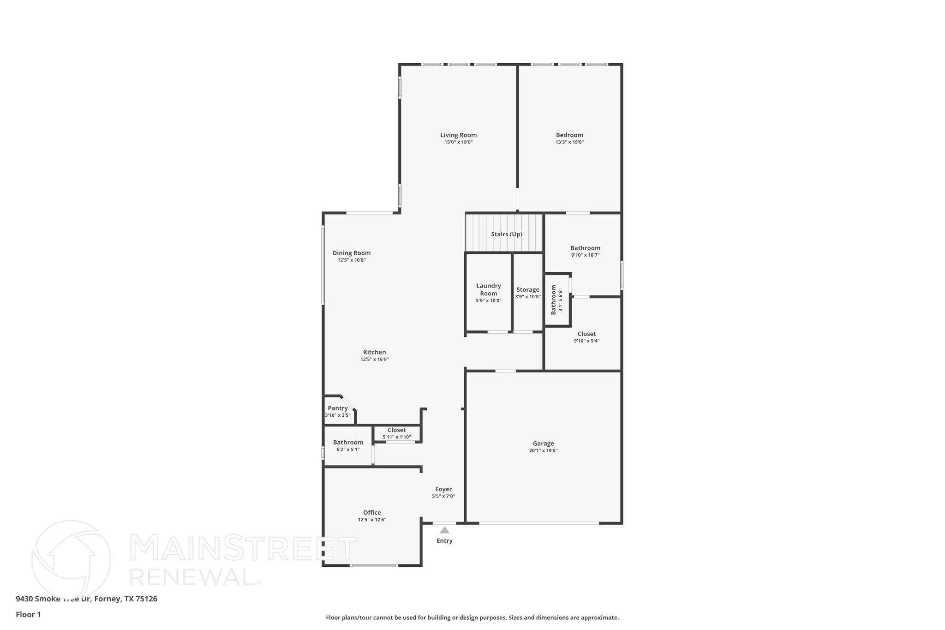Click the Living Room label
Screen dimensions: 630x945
[458, 135]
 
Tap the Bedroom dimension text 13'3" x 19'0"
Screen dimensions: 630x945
[569, 142]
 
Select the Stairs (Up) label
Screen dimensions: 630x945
[506, 234]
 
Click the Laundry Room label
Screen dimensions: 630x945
[488, 289]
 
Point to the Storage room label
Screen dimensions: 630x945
[527, 290]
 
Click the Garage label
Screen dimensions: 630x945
[543, 444]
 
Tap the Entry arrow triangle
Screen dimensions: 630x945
[444, 530]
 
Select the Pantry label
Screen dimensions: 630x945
[338, 408]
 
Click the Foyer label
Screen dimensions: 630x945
[443, 489]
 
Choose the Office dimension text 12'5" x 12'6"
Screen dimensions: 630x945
[372, 520]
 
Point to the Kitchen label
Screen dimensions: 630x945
[374, 352]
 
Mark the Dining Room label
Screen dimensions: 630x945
[352, 253]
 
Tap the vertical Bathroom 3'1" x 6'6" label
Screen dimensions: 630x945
[556, 300]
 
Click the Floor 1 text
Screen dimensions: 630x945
[28, 614]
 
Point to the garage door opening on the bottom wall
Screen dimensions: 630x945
[539, 523]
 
